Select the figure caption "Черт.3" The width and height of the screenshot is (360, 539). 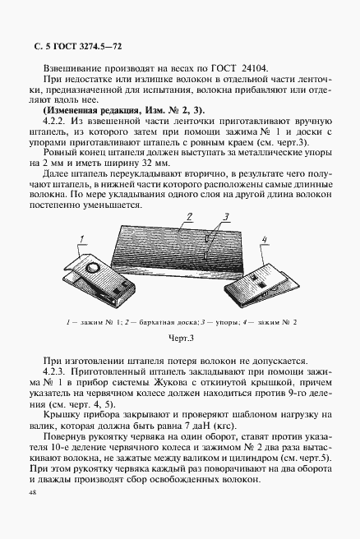coord(180,336)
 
